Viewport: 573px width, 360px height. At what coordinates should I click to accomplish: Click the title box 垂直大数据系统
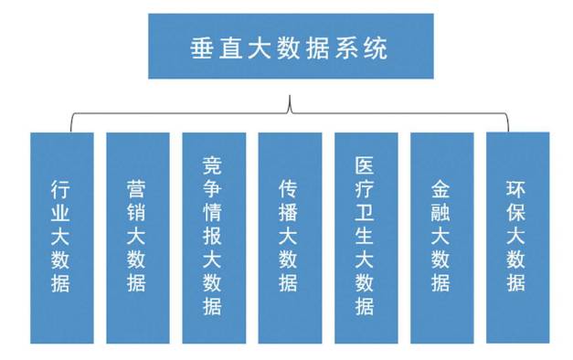click(x=290, y=47)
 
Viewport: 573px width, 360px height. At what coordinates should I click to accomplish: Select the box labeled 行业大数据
click(x=61, y=238)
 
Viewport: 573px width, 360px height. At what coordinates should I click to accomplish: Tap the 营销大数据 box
click(x=137, y=238)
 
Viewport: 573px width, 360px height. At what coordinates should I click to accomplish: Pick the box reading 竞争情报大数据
click(x=213, y=238)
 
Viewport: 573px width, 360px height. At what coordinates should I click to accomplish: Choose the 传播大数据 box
click(x=290, y=238)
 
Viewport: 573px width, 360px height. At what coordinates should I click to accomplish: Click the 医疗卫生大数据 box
click(x=366, y=238)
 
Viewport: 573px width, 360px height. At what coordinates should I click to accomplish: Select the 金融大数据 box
click(x=441, y=238)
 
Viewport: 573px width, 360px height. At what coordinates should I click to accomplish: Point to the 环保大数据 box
click(x=517, y=238)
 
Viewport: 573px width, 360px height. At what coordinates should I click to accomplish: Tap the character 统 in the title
click(x=375, y=48)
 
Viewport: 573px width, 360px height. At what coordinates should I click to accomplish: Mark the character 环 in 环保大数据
click(x=517, y=190)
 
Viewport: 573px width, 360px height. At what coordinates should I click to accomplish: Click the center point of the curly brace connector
click(x=290, y=106)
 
